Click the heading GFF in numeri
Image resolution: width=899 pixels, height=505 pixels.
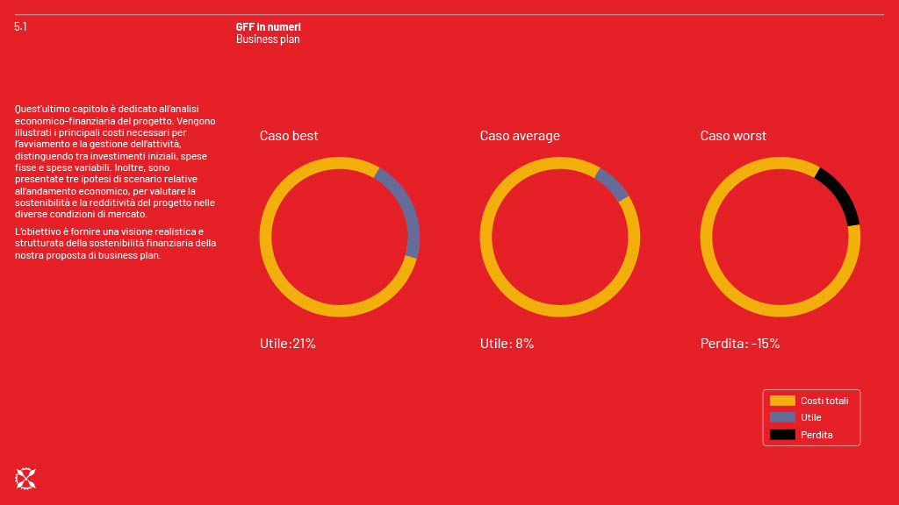tap(268, 27)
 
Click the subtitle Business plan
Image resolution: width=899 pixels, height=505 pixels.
tap(268, 39)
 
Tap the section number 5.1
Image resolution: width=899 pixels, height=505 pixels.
tap(20, 27)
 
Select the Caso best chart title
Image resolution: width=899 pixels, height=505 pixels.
tap(289, 136)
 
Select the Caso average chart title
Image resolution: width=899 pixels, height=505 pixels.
tap(520, 136)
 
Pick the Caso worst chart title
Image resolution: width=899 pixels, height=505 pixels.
tap(733, 136)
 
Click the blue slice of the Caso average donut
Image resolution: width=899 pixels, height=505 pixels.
tap(612, 183)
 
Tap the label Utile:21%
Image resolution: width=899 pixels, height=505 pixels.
tap(287, 344)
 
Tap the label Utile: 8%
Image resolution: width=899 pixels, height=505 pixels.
tap(507, 344)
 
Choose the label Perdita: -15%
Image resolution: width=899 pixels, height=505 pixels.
tap(740, 344)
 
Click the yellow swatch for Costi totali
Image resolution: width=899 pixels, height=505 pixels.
tap(782, 401)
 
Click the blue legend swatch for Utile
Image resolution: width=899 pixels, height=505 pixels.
tap(782, 417)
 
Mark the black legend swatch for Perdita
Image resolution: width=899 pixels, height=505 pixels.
tap(782, 435)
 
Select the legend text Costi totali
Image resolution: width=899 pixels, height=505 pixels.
tap(824, 401)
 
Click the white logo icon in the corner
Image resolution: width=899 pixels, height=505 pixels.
tap(25, 478)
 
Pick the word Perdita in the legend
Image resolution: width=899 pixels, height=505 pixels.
tap(816, 435)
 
